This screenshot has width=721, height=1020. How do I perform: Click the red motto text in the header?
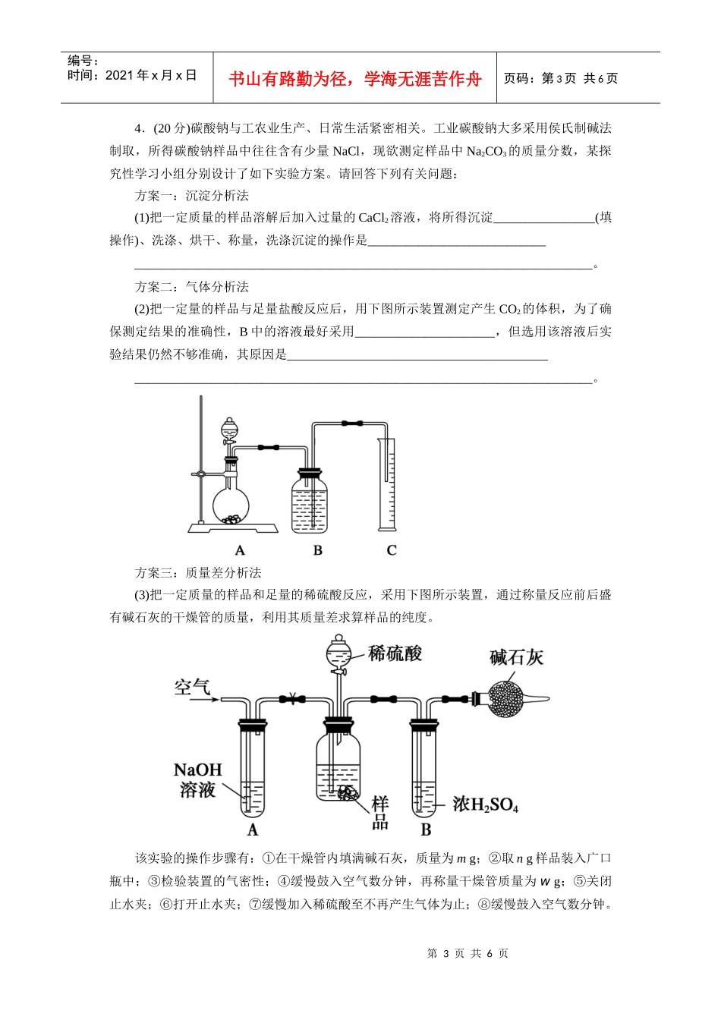tap(354, 79)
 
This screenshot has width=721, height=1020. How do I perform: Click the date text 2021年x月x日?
tap(132, 75)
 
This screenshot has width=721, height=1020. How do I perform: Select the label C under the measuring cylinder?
tap(392, 550)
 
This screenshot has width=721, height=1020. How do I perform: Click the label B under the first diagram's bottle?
tap(317, 550)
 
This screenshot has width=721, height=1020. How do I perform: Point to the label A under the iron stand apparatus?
tap(240, 550)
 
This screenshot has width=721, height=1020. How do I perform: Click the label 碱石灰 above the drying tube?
tap(516, 657)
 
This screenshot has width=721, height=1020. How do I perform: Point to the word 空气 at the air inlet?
tap(192, 688)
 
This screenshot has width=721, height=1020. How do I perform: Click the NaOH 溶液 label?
tap(197, 780)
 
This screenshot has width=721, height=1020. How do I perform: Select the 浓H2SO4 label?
tap(485, 804)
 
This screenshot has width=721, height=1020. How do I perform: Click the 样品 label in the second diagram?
tap(380, 813)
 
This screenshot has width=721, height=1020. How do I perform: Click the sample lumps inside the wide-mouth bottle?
tap(347, 793)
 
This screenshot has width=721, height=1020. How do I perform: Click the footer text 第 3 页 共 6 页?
tap(468, 953)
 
